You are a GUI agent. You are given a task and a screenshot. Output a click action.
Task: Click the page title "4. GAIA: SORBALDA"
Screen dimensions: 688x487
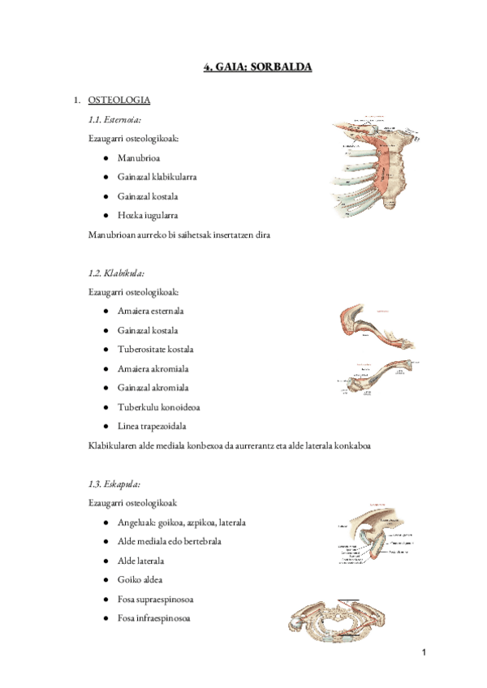point(257,67)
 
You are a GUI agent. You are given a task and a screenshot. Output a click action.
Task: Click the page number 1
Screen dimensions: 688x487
point(424,653)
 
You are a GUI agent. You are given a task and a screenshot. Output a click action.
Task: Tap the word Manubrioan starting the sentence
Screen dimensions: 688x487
point(114,234)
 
